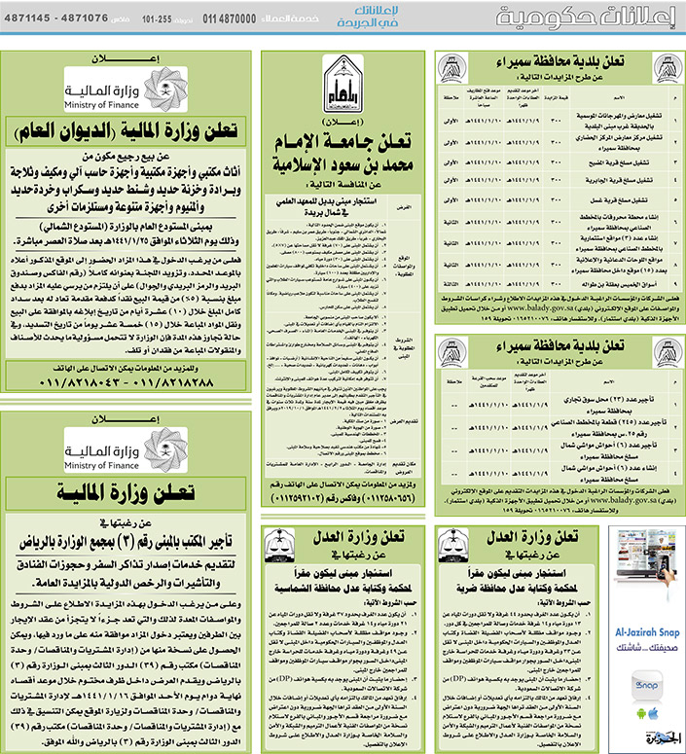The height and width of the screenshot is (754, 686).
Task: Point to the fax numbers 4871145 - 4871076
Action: coord(58,18)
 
